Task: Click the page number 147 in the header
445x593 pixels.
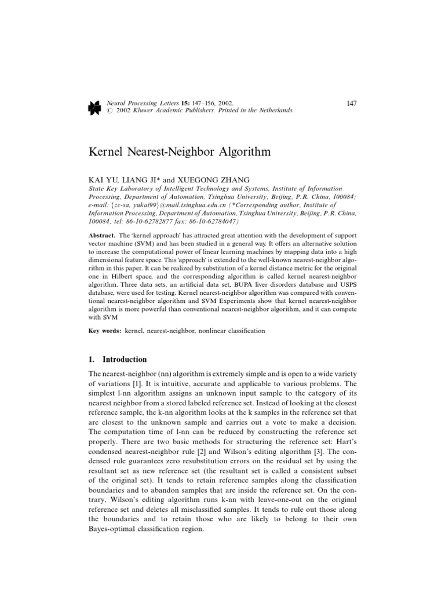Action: pos(351,103)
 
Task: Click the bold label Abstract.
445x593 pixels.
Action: pos(101,237)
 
